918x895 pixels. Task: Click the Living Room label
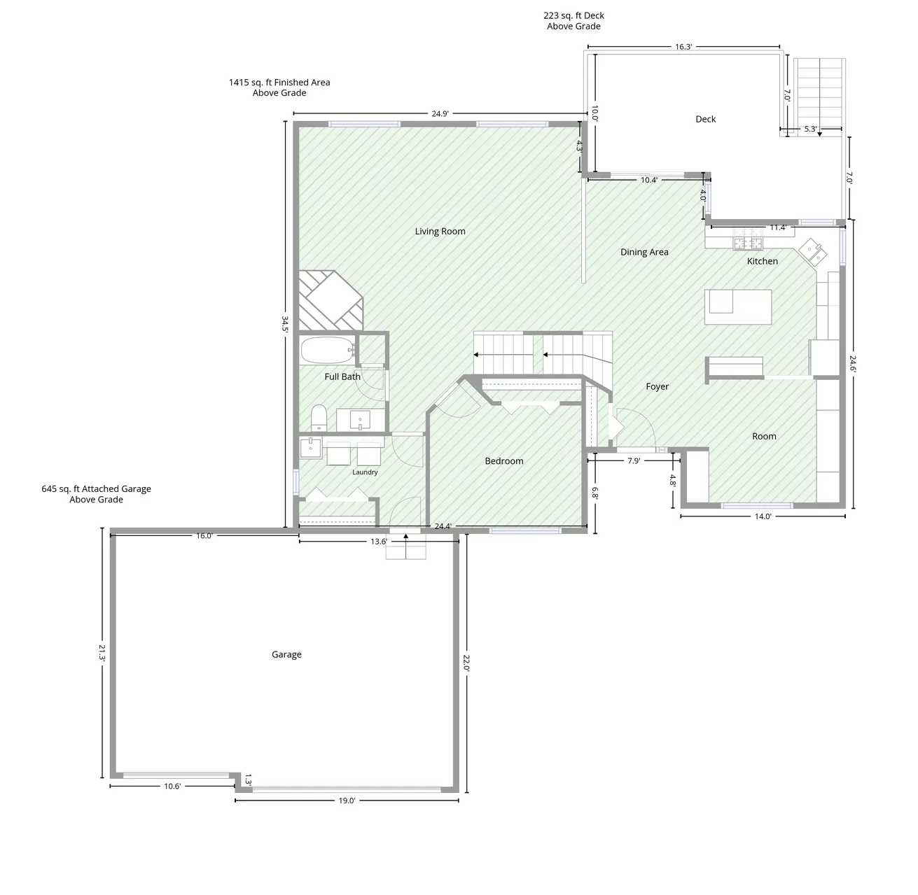(x=440, y=231)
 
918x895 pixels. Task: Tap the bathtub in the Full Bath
(x=328, y=350)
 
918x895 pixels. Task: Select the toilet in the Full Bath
(x=319, y=418)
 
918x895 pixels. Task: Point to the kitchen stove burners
(x=748, y=243)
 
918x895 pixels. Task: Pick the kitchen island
(x=738, y=307)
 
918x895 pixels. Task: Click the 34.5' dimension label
(x=285, y=324)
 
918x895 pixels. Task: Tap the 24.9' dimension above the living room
(x=440, y=113)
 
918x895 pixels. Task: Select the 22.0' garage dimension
(x=466, y=663)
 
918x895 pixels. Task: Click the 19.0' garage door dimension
(x=347, y=801)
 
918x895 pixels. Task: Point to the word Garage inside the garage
(x=286, y=654)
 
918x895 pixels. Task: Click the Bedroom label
(x=504, y=460)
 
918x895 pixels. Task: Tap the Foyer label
(x=657, y=387)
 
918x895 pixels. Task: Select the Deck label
(x=705, y=119)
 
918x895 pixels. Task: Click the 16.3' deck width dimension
(x=683, y=47)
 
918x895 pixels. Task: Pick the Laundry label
(x=365, y=472)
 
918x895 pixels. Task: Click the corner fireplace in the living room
(x=331, y=300)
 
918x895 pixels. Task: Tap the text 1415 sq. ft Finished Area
(x=279, y=82)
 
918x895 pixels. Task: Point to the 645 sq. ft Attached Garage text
(x=96, y=488)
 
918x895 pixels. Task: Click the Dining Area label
(x=644, y=252)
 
